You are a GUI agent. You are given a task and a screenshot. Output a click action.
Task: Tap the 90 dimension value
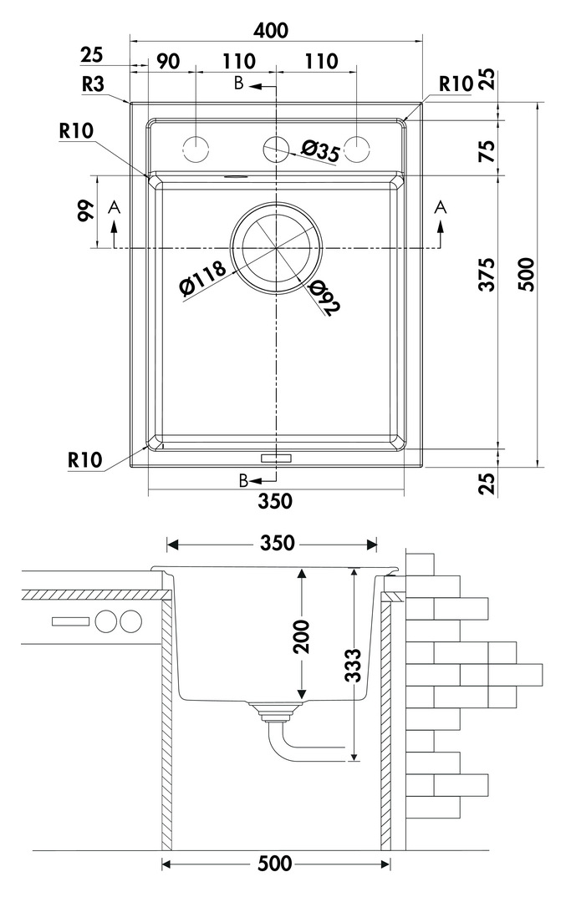(168, 61)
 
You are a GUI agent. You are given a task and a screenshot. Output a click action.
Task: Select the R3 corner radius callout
(92, 84)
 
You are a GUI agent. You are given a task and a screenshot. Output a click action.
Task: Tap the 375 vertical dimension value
(488, 274)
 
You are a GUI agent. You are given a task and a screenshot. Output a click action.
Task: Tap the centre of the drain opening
(276, 249)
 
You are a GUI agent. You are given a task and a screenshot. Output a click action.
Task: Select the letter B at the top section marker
(239, 84)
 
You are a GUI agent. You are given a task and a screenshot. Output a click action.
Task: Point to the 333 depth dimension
(354, 666)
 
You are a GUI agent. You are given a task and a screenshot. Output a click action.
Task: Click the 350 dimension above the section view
(277, 543)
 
